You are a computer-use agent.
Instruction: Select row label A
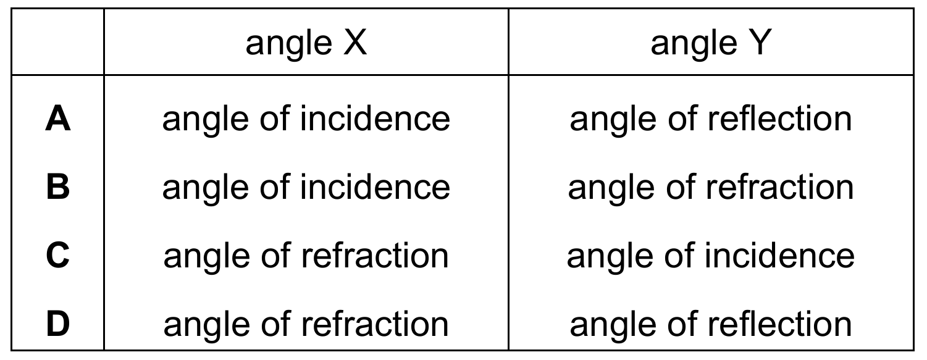pyautogui.click(x=58, y=119)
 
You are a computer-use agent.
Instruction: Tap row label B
pyautogui.click(x=58, y=187)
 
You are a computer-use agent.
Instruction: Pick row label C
pyautogui.click(x=58, y=255)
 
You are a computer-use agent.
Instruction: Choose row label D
pyautogui.click(x=58, y=324)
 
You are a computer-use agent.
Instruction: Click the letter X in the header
pyautogui.click(x=355, y=42)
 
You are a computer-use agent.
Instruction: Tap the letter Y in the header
pyautogui.click(x=760, y=42)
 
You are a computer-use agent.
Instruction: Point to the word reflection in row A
pyautogui.click(x=779, y=119)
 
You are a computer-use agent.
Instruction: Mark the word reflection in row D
pyautogui.click(x=779, y=323)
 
